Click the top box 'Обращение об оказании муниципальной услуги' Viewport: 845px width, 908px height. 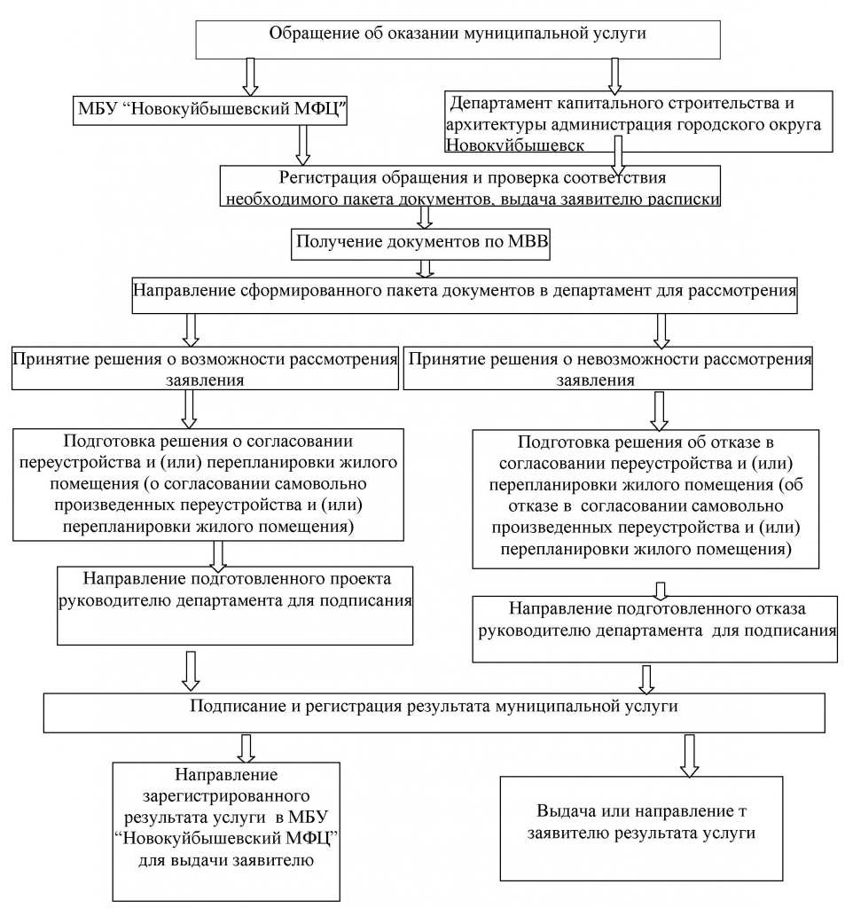click(x=458, y=39)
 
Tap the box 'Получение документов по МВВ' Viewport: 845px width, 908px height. click(x=420, y=244)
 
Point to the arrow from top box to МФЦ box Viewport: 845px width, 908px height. click(x=250, y=76)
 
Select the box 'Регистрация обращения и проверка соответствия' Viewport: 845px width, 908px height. click(x=470, y=186)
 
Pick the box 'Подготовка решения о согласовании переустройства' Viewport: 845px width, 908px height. click(x=207, y=485)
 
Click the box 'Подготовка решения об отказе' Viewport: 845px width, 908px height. click(x=645, y=498)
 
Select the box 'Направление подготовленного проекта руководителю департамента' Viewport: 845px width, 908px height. click(x=235, y=606)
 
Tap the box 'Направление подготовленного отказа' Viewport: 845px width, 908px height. click(x=655, y=629)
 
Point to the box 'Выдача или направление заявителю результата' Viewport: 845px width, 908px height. click(x=641, y=828)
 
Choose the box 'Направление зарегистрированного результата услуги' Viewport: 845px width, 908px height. click(x=226, y=832)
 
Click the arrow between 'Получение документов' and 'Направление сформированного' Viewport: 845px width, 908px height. click(x=426, y=270)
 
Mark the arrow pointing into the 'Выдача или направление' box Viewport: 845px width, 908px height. click(x=689, y=755)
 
